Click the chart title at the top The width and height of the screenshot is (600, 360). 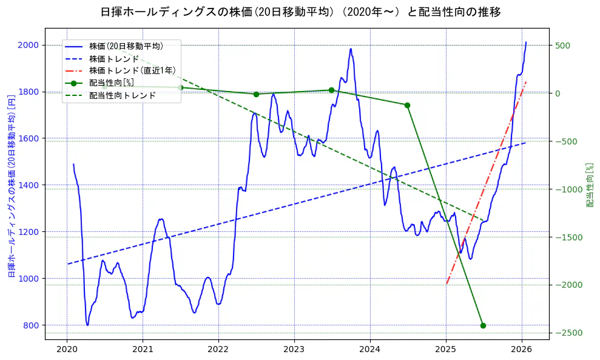point(300,12)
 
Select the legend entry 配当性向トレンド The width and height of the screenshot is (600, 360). point(122,95)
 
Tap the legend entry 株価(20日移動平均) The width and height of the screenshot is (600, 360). point(126,46)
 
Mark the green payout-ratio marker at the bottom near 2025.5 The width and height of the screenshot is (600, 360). point(483,325)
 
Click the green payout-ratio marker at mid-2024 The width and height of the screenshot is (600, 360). point(407,105)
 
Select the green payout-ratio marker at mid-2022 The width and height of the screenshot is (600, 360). point(256,94)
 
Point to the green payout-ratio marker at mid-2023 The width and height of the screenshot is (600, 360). point(331,90)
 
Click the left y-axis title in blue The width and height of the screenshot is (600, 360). point(11,186)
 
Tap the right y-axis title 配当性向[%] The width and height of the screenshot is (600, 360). point(589,185)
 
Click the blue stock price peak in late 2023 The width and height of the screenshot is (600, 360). point(351,49)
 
